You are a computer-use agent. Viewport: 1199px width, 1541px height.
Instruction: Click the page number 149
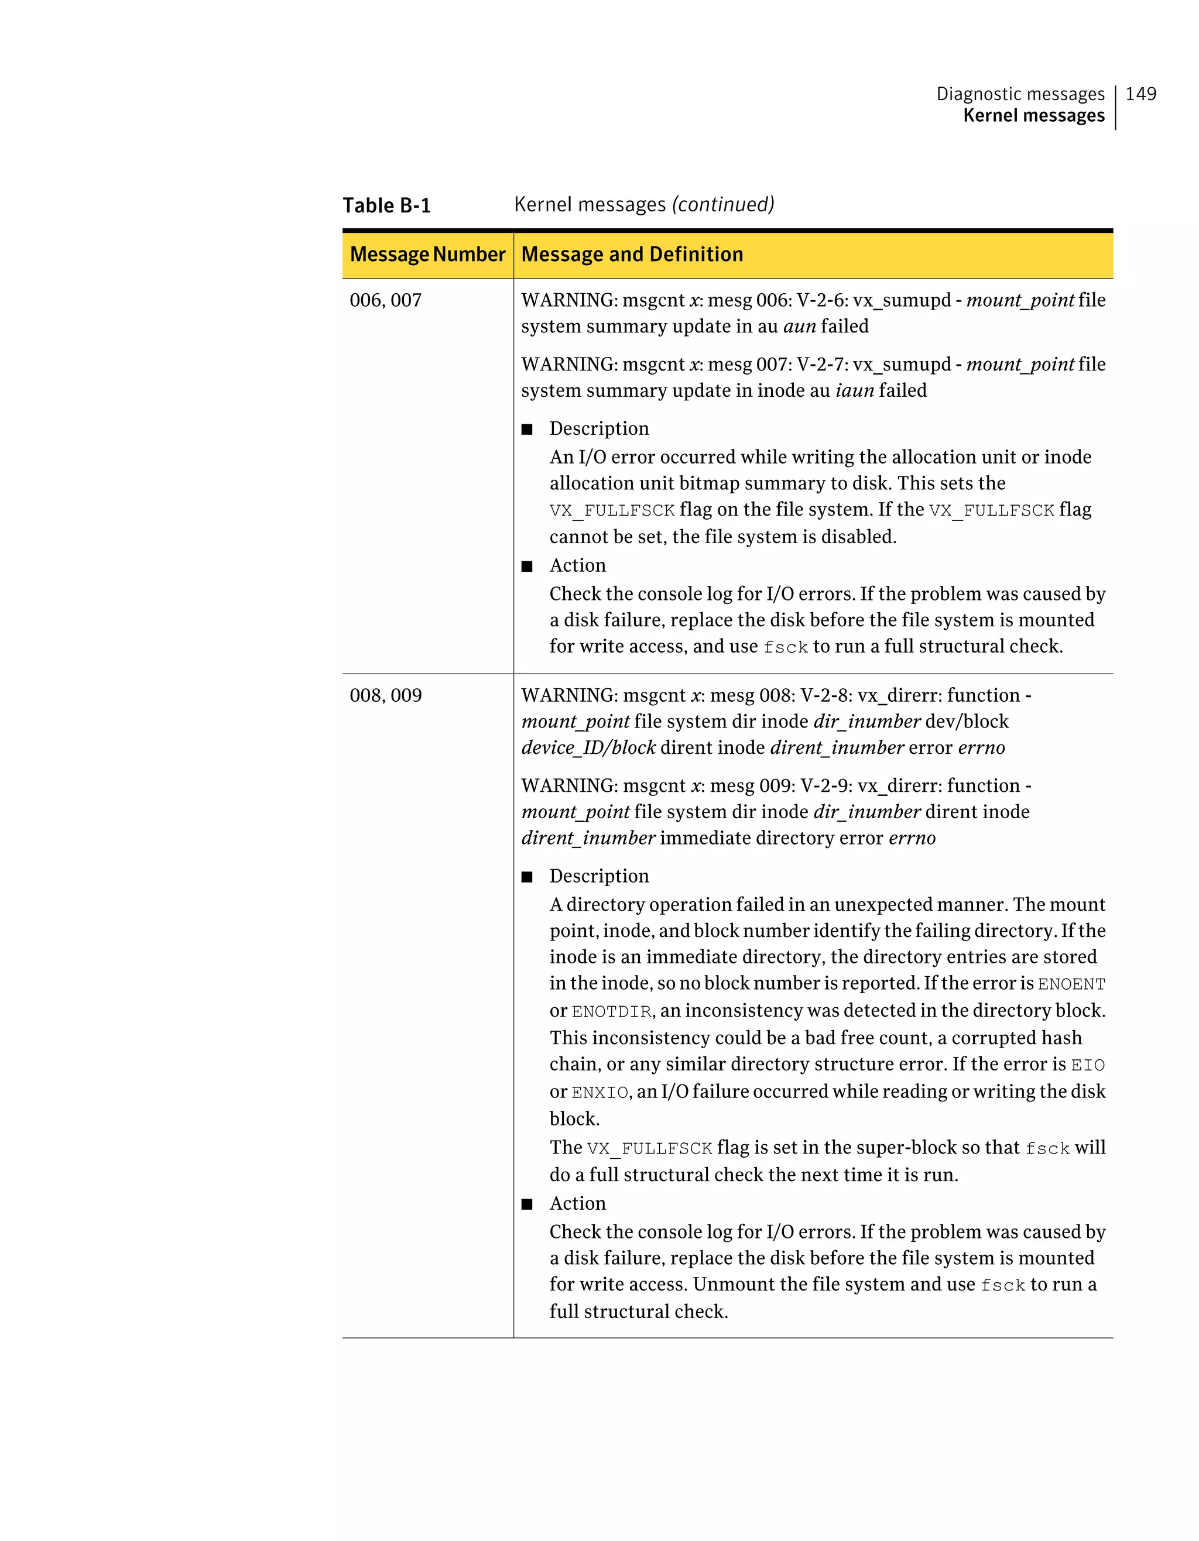(x=1140, y=94)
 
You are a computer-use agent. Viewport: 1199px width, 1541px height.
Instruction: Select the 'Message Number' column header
(x=427, y=254)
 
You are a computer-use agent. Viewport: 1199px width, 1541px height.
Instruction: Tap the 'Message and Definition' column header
(x=632, y=254)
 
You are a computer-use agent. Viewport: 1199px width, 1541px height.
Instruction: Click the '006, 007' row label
(x=385, y=301)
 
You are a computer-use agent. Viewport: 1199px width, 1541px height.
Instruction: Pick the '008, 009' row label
(x=385, y=696)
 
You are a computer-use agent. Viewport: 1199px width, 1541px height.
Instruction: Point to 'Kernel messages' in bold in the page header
(x=1033, y=116)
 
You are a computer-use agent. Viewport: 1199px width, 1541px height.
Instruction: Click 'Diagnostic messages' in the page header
(x=1020, y=94)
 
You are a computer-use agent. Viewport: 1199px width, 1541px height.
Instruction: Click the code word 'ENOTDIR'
(x=611, y=1012)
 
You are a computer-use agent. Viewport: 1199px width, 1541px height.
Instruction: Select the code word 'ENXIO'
(x=599, y=1093)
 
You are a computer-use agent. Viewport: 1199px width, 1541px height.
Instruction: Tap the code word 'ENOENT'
(x=1071, y=984)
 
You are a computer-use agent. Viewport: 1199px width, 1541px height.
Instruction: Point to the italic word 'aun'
(x=799, y=327)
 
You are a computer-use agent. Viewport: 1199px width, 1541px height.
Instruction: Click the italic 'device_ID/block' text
(x=588, y=748)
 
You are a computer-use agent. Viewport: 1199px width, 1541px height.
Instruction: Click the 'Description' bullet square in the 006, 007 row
(x=526, y=429)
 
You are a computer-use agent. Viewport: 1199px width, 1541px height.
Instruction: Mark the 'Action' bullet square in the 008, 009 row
(x=526, y=1204)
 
